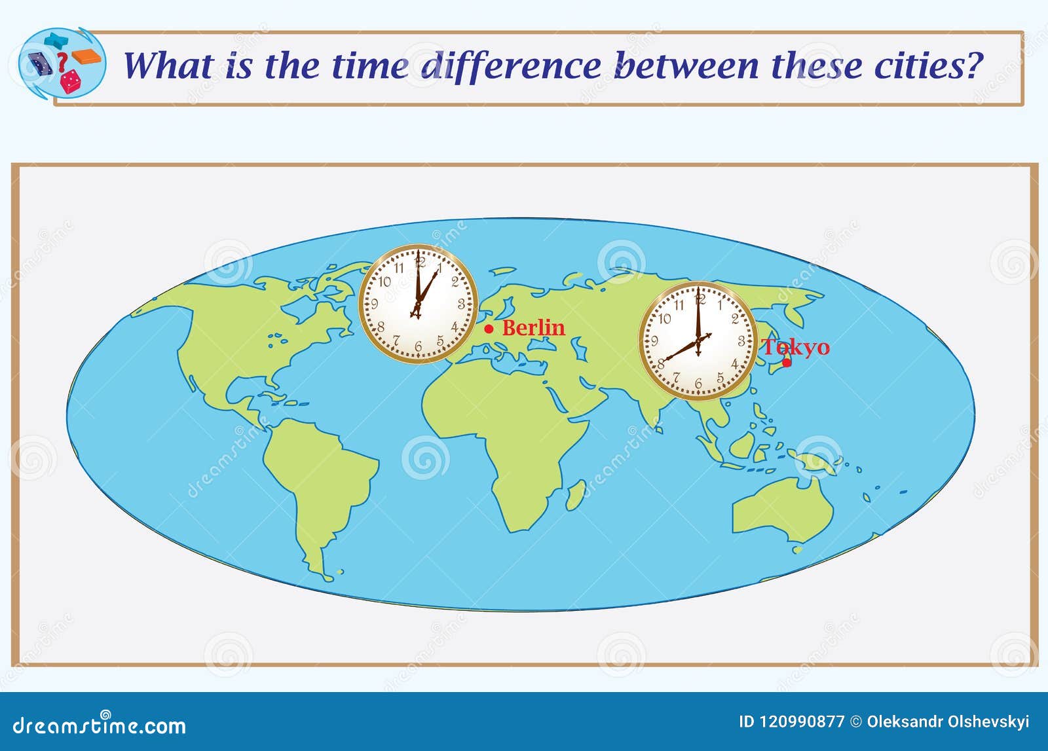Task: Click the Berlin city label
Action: [x=533, y=328]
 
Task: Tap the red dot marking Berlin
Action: [x=489, y=329]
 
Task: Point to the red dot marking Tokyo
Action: [x=787, y=363]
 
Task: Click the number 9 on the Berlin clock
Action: [x=374, y=304]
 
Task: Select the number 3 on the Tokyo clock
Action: [x=741, y=341]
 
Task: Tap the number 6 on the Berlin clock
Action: [x=419, y=346]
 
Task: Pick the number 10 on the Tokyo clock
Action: [x=664, y=319]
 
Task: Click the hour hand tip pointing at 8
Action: [x=664, y=359]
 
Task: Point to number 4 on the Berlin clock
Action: [x=455, y=327]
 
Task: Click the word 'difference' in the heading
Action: [x=510, y=65]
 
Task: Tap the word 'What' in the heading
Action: [x=168, y=65]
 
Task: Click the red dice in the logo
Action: [x=70, y=82]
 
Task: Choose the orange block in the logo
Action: [x=86, y=56]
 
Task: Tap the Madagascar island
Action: [x=576, y=495]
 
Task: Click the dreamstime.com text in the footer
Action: [x=99, y=725]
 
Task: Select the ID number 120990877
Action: [x=792, y=722]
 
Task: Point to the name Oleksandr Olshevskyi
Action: [x=948, y=722]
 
